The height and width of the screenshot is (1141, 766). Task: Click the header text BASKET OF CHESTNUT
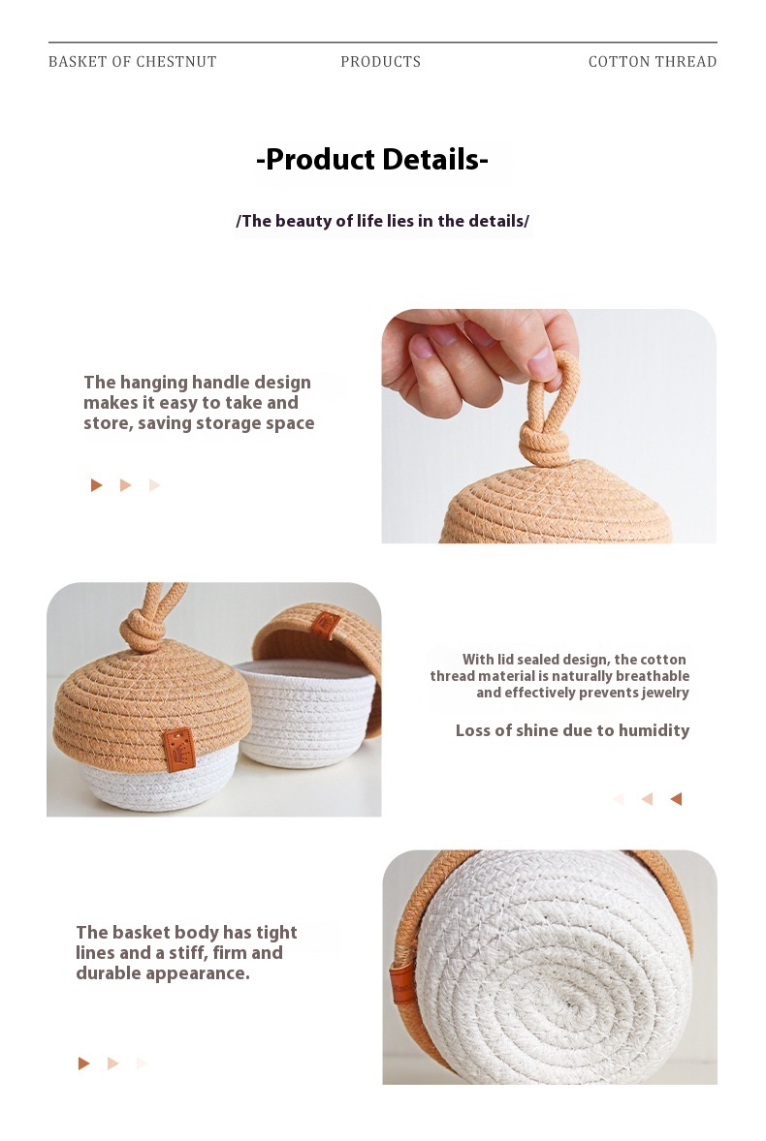pyautogui.click(x=133, y=62)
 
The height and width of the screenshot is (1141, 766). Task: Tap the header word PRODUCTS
pyautogui.click(x=381, y=62)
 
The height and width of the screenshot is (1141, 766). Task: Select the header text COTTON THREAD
pyautogui.click(x=653, y=62)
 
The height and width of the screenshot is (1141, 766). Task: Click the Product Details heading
pyautogui.click(x=372, y=160)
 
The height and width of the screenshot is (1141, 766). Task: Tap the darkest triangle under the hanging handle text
pyautogui.click(x=96, y=485)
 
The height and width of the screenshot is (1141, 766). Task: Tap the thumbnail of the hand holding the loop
pyautogui.click(x=549, y=426)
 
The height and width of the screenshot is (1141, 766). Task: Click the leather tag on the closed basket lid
pyautogui.click(x=179, y=749)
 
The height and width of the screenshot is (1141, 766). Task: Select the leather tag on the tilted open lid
pyautogui.click(x=325, y=625)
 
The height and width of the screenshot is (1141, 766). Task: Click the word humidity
pyautogui.click(x=654, y=730)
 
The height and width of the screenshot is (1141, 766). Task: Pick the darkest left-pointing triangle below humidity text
pyautogui.click(x=676, y=799)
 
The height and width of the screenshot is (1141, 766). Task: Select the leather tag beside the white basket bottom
pyautogui.click(x=402, y=983)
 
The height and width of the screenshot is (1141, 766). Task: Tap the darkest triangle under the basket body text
pyautogui.click(x=83, y=1064)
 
